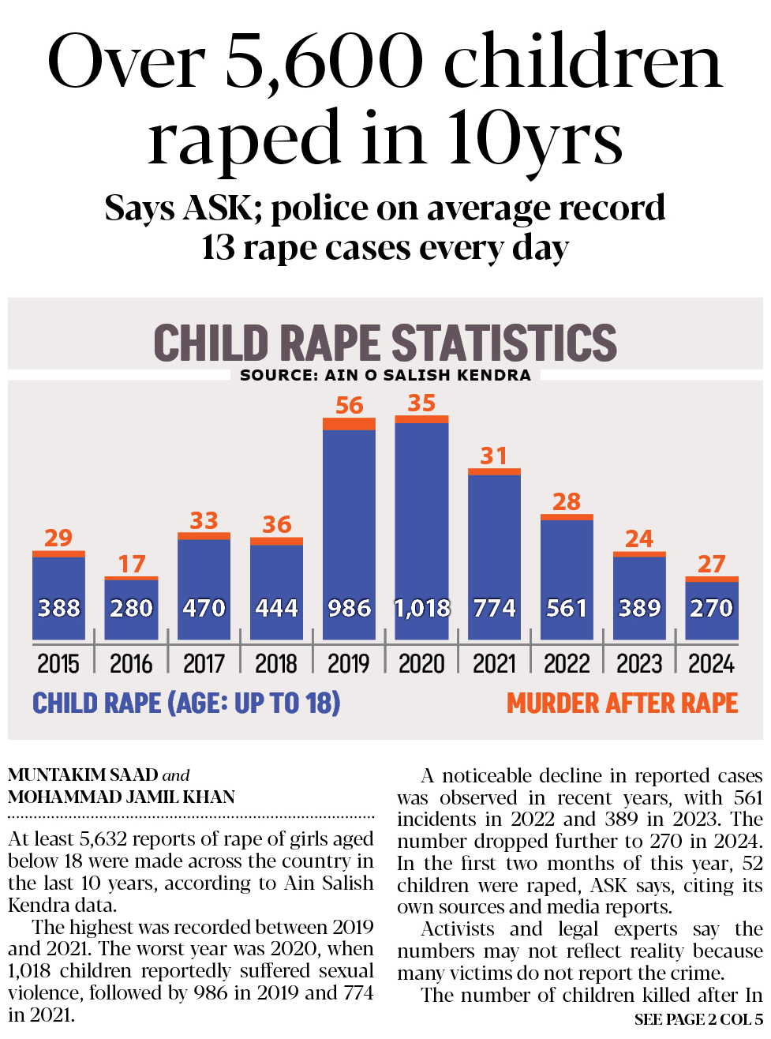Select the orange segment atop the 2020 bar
pyautogui.click(x=421, y=419)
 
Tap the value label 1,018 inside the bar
pyautogui.click(x=422, y=608)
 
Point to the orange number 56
pyautogui.click(x=349, y=405)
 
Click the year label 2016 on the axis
pyautogui.click(x=131, y=664)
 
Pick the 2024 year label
pyautogui.click(x=711, y=664)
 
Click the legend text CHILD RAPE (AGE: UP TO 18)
pyautogui.click(x=186, y=703)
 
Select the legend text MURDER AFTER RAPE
pyautogui.click(x=622, y=703)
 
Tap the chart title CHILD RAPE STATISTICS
pyautogui.click(x=385, y=343)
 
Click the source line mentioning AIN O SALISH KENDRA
pyautogui.click(x=385, y=375)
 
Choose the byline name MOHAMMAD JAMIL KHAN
pyautogui.click(x=122, y=797)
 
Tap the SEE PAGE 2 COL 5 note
pyautogui.click(x=698, y=1019)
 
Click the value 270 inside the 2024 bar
pyautogui.click(x=711, y=608)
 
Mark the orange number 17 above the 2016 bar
pyautogui.click(x=131, y=564)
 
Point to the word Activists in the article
pyautogui.click(x=458, y=929)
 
